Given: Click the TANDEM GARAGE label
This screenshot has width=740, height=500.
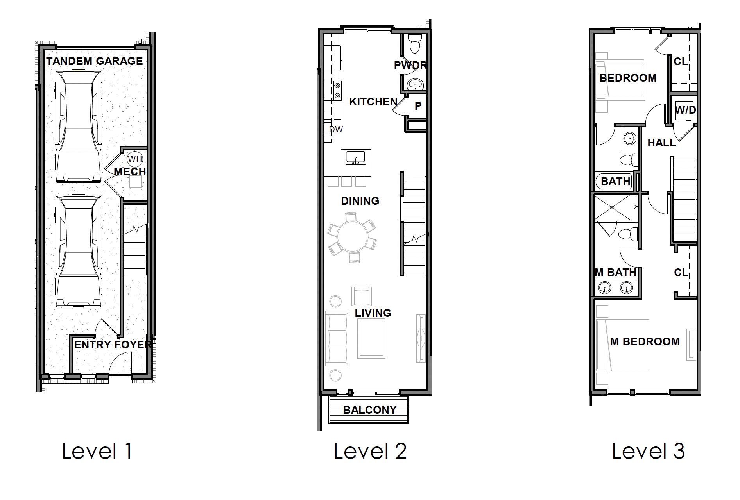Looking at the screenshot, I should tap(94, 61).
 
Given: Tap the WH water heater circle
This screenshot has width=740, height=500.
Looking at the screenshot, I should tap(135, 159).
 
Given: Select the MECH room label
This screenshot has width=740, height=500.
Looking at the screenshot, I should tap(130, 171).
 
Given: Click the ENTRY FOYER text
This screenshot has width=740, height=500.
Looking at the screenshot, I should tap(113, 345).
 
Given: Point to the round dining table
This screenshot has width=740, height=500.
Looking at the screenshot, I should tap(353, 237).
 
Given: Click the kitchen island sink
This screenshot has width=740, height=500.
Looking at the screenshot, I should tap(356, 157).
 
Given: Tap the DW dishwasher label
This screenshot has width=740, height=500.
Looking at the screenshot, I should tap(336, 129).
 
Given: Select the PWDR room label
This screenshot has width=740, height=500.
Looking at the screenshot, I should tap(410, 66).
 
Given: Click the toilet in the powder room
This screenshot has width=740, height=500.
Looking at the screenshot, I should tap(414, 44).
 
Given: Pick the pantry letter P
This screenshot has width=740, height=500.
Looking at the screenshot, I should tap(418, 106).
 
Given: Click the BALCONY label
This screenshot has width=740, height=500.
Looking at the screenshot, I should tap(369, 410).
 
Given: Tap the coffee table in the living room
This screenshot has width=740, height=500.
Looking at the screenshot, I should tap(371, 338).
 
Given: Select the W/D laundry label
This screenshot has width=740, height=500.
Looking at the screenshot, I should tap(685, 110).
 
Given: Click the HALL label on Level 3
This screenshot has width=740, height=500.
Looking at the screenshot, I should tap(661, 143).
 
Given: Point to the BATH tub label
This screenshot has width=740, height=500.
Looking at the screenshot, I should tap(615, 181).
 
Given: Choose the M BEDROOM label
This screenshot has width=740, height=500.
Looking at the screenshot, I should tap(645, 341).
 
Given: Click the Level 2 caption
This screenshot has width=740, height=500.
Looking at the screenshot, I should tap(370, 451).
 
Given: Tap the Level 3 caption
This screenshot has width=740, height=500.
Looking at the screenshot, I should tap(648, 451).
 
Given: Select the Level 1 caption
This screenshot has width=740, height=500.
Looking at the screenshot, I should tap(97, 451).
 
